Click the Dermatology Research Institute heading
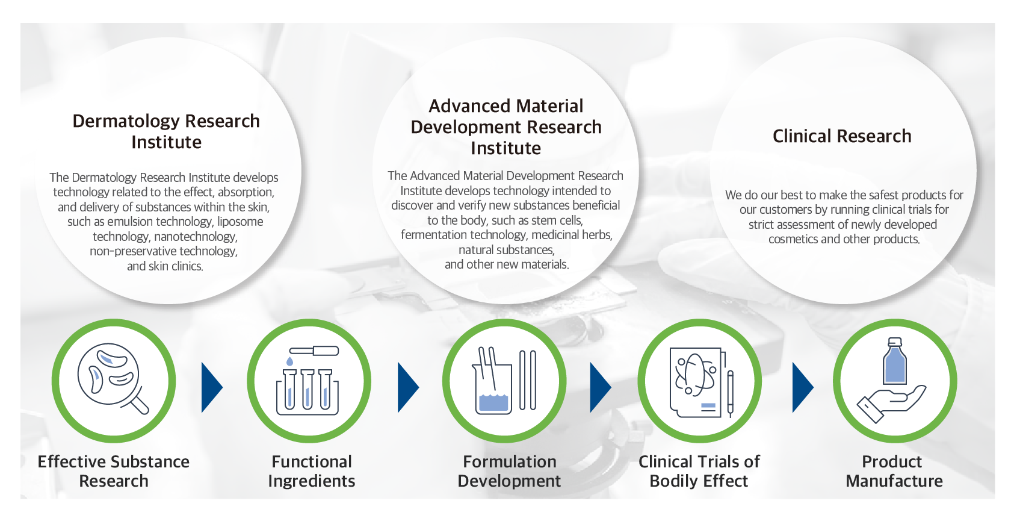pos(166,131)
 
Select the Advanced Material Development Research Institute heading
pos(506,127)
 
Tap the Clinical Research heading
pos(842,136)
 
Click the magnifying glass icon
pos(113,378)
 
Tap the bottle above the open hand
pos(895,361)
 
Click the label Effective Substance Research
pos(114,471)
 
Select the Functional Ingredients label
pos(312,471)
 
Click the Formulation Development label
pos(509,471)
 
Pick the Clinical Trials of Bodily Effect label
pos(699,471)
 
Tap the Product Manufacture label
pos(894,471)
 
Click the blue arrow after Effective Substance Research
pos(211,387)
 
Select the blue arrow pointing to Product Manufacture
pos(803,387)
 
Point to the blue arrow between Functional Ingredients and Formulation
pos(408,387)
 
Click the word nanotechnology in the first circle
pos(196,237)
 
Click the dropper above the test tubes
pos(314,351)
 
